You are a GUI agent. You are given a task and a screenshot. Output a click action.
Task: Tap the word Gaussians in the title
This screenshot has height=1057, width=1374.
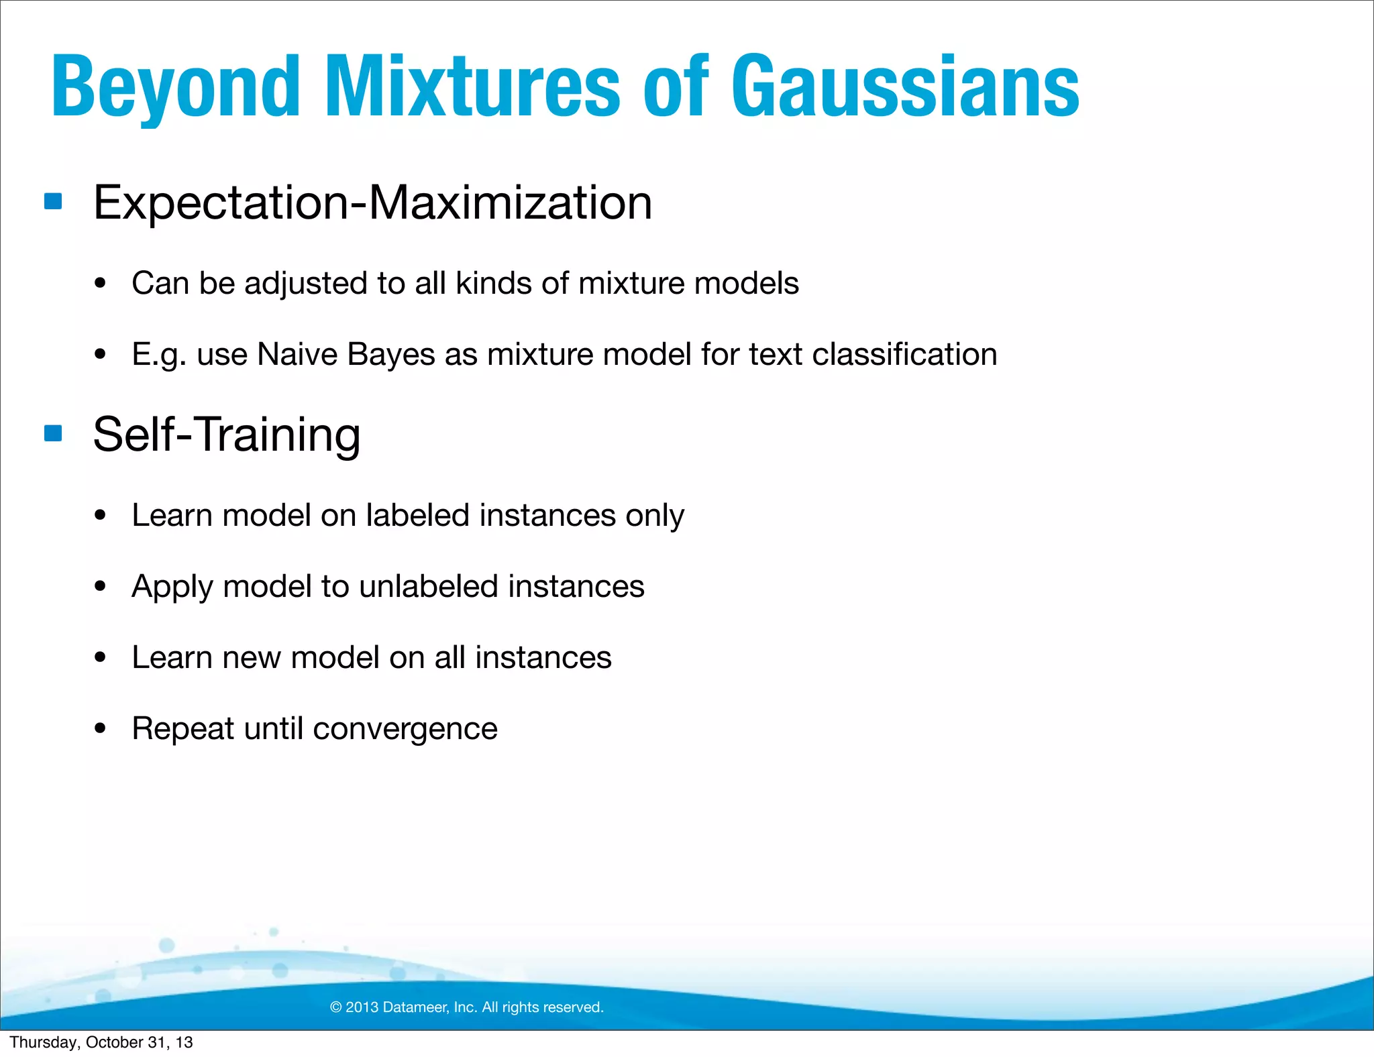point(905,87)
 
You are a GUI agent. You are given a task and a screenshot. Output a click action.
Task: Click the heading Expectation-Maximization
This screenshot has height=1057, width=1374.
point(372,203)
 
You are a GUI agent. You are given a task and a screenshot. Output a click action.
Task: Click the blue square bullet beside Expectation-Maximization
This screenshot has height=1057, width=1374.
point(53,201)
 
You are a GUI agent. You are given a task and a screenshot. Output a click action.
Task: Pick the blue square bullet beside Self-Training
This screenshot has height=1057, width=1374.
point(53,433)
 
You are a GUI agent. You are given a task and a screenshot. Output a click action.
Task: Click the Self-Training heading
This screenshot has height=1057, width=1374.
point(227,435)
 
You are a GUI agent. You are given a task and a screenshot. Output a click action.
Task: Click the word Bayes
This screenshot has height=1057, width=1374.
point(391,354)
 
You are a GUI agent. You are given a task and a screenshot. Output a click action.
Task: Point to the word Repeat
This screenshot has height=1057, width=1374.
point(183,729)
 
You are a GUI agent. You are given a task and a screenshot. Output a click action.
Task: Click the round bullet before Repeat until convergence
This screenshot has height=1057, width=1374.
point(101,728)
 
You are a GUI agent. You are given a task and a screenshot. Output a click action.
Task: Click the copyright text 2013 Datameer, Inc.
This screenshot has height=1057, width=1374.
point(467,1007)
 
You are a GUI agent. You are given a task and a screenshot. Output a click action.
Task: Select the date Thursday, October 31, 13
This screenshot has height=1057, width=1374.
point(101,1042)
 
